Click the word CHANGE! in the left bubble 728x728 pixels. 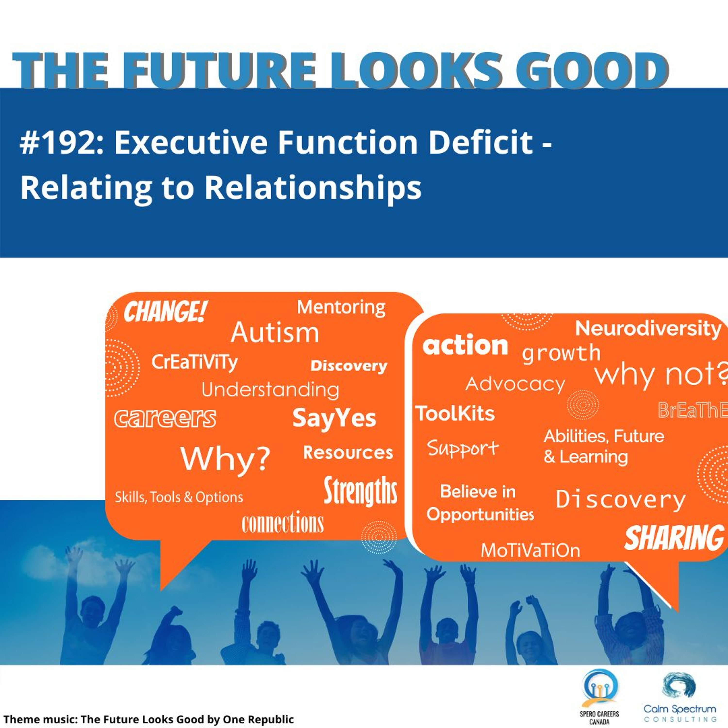[165, 312]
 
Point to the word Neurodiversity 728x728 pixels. [648, 329]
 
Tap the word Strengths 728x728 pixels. [361, 491]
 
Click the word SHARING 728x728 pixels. [674, 538]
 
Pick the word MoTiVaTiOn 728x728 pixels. [530, 551]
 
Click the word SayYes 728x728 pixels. [334, 419]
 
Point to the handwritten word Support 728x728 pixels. [463, 448]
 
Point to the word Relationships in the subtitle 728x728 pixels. [313, 188]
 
